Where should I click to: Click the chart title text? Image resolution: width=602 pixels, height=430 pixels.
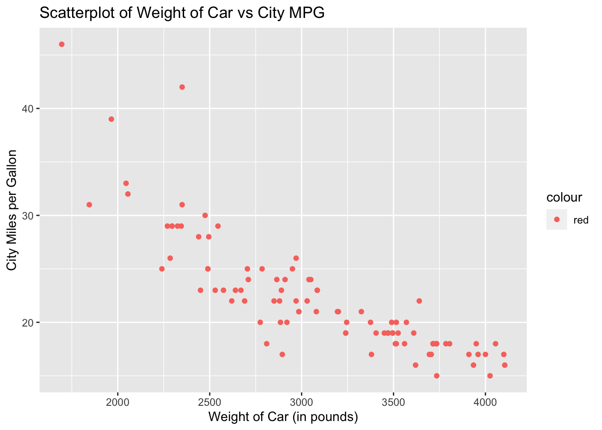(x=182, y=13)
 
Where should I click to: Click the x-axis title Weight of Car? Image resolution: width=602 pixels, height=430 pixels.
(x=283, y=417)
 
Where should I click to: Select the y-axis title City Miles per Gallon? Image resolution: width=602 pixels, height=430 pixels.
(x=12, y=210)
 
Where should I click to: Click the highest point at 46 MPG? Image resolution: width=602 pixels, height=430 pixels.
(x=62, y=44)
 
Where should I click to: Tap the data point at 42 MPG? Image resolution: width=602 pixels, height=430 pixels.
(x=182, y=87)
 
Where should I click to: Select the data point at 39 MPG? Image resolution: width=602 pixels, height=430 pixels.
(x=111, y=119)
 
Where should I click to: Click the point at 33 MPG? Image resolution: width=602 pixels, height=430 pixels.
(x=126, y=183)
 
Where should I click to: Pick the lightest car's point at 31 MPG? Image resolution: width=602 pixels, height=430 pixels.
(x=89, y=205)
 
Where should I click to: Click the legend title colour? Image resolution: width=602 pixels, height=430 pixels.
(x=564, y=197)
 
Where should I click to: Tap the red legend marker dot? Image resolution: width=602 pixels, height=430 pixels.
(x=557, y=219)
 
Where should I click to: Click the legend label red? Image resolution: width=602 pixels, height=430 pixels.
(x=581, y=220)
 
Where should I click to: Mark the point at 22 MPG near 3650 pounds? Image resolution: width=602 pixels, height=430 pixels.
(x=419, y=301)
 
